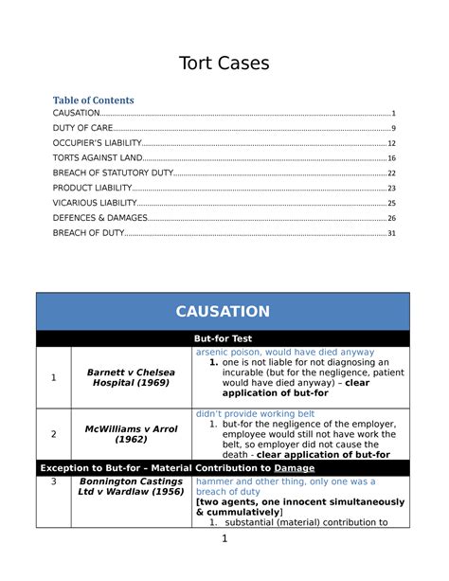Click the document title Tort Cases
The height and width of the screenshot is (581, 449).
[224, 64]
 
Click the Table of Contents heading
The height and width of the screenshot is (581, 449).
[93, 100]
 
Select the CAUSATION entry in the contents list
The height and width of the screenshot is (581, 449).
[77, 114]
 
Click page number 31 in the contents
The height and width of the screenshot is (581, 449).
[391, 233]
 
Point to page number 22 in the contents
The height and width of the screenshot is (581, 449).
[391, 173]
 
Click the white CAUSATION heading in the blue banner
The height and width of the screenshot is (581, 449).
[224, 312]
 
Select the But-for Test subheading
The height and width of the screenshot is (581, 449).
[224, 339]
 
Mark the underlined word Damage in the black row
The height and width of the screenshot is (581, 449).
[295, 468]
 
